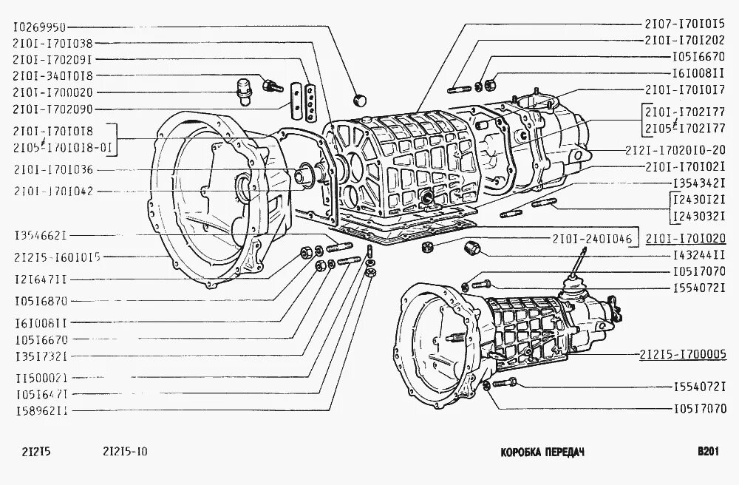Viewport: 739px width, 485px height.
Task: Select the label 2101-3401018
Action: pos(52,75)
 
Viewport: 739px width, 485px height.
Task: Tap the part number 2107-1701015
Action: pos(685,24)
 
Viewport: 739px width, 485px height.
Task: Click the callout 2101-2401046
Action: pos(590,238)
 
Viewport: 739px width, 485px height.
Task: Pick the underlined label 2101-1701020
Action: pos(685,238)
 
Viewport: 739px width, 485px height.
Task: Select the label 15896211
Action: pos(41,409)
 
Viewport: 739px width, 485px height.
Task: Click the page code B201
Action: pos(708,452)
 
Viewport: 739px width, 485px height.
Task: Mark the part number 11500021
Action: pos(41,376)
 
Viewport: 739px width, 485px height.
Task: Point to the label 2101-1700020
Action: pos(52,92)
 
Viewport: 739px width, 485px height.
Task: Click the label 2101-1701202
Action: pos(685,41)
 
